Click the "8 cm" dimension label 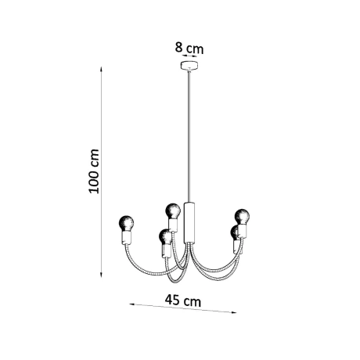pyautogui.click(x=189, y=49)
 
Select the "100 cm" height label pyautogui.click(x=93, y=171)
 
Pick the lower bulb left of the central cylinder pyautogui.click(x=164, y=234)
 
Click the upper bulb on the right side pyautogui.click(x=242, y=214)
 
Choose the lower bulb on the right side pyautogui.click(x=234, y=232)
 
